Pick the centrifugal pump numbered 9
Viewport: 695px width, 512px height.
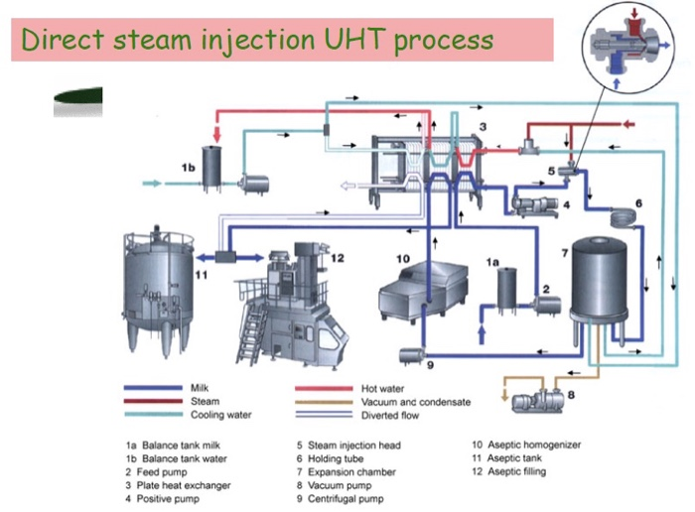(408, 353)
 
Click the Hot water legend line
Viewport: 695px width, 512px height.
(324, 388)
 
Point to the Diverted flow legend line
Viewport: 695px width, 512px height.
(324, 416)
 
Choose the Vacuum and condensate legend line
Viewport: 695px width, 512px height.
(324, 402)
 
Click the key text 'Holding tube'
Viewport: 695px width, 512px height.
(338, 458)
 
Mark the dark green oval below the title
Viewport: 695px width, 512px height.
(76, 98)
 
